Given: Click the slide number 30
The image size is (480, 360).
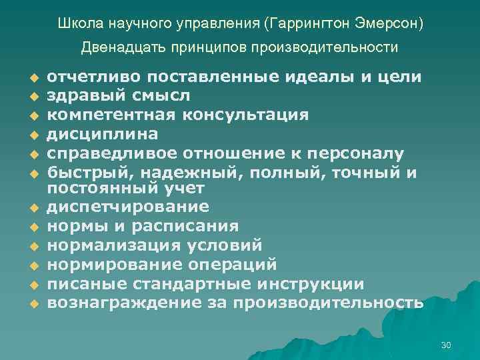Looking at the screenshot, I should pyautogui.click(x=446, y=345).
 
